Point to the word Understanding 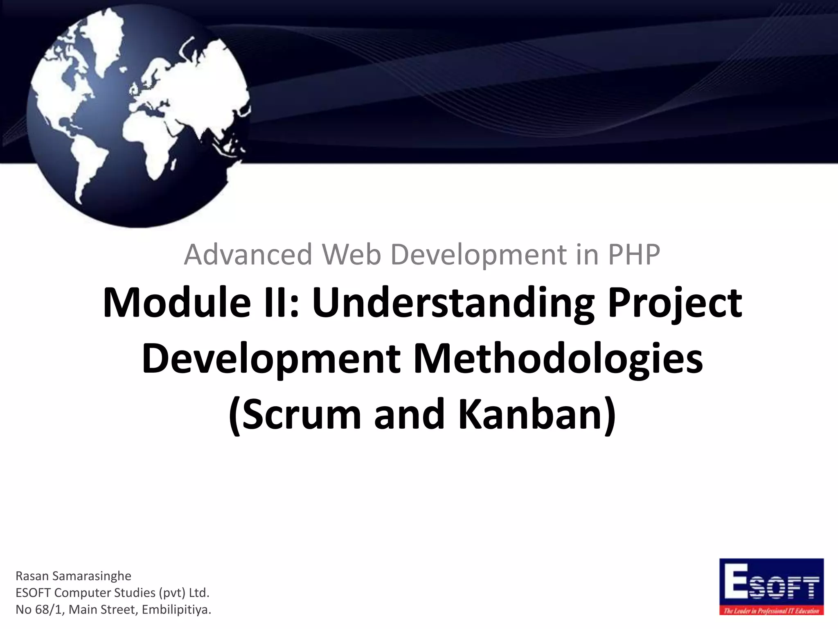pos(453,303)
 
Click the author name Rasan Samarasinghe pos(73,576)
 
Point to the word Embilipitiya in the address pos(177,610)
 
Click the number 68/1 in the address pos(49,610)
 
